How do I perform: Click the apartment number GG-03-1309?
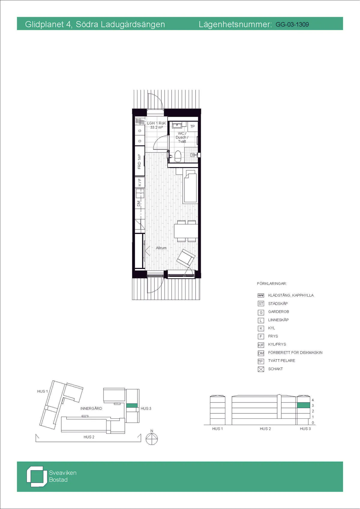coord(292,25)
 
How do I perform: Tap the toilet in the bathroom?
coord(178,156)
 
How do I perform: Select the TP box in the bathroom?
coord(193,127)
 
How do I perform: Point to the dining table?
coord(186,231)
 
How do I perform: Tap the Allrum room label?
coord(161,248)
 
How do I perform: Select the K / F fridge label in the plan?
coord(139,182)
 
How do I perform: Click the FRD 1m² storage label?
coord(139,162)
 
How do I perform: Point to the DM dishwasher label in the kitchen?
coord(139,203)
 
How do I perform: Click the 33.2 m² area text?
coord(156,127)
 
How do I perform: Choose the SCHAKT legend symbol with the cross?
coord(261,369)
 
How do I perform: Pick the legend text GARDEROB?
coord(278,312)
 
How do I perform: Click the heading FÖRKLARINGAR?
coord(272,283)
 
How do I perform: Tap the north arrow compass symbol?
coord(151,439)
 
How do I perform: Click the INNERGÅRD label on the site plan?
coord(91,409)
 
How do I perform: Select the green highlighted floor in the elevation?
coord(303,405)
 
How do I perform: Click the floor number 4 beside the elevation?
coord(313,400)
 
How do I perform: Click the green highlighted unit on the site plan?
coord(132,406)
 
